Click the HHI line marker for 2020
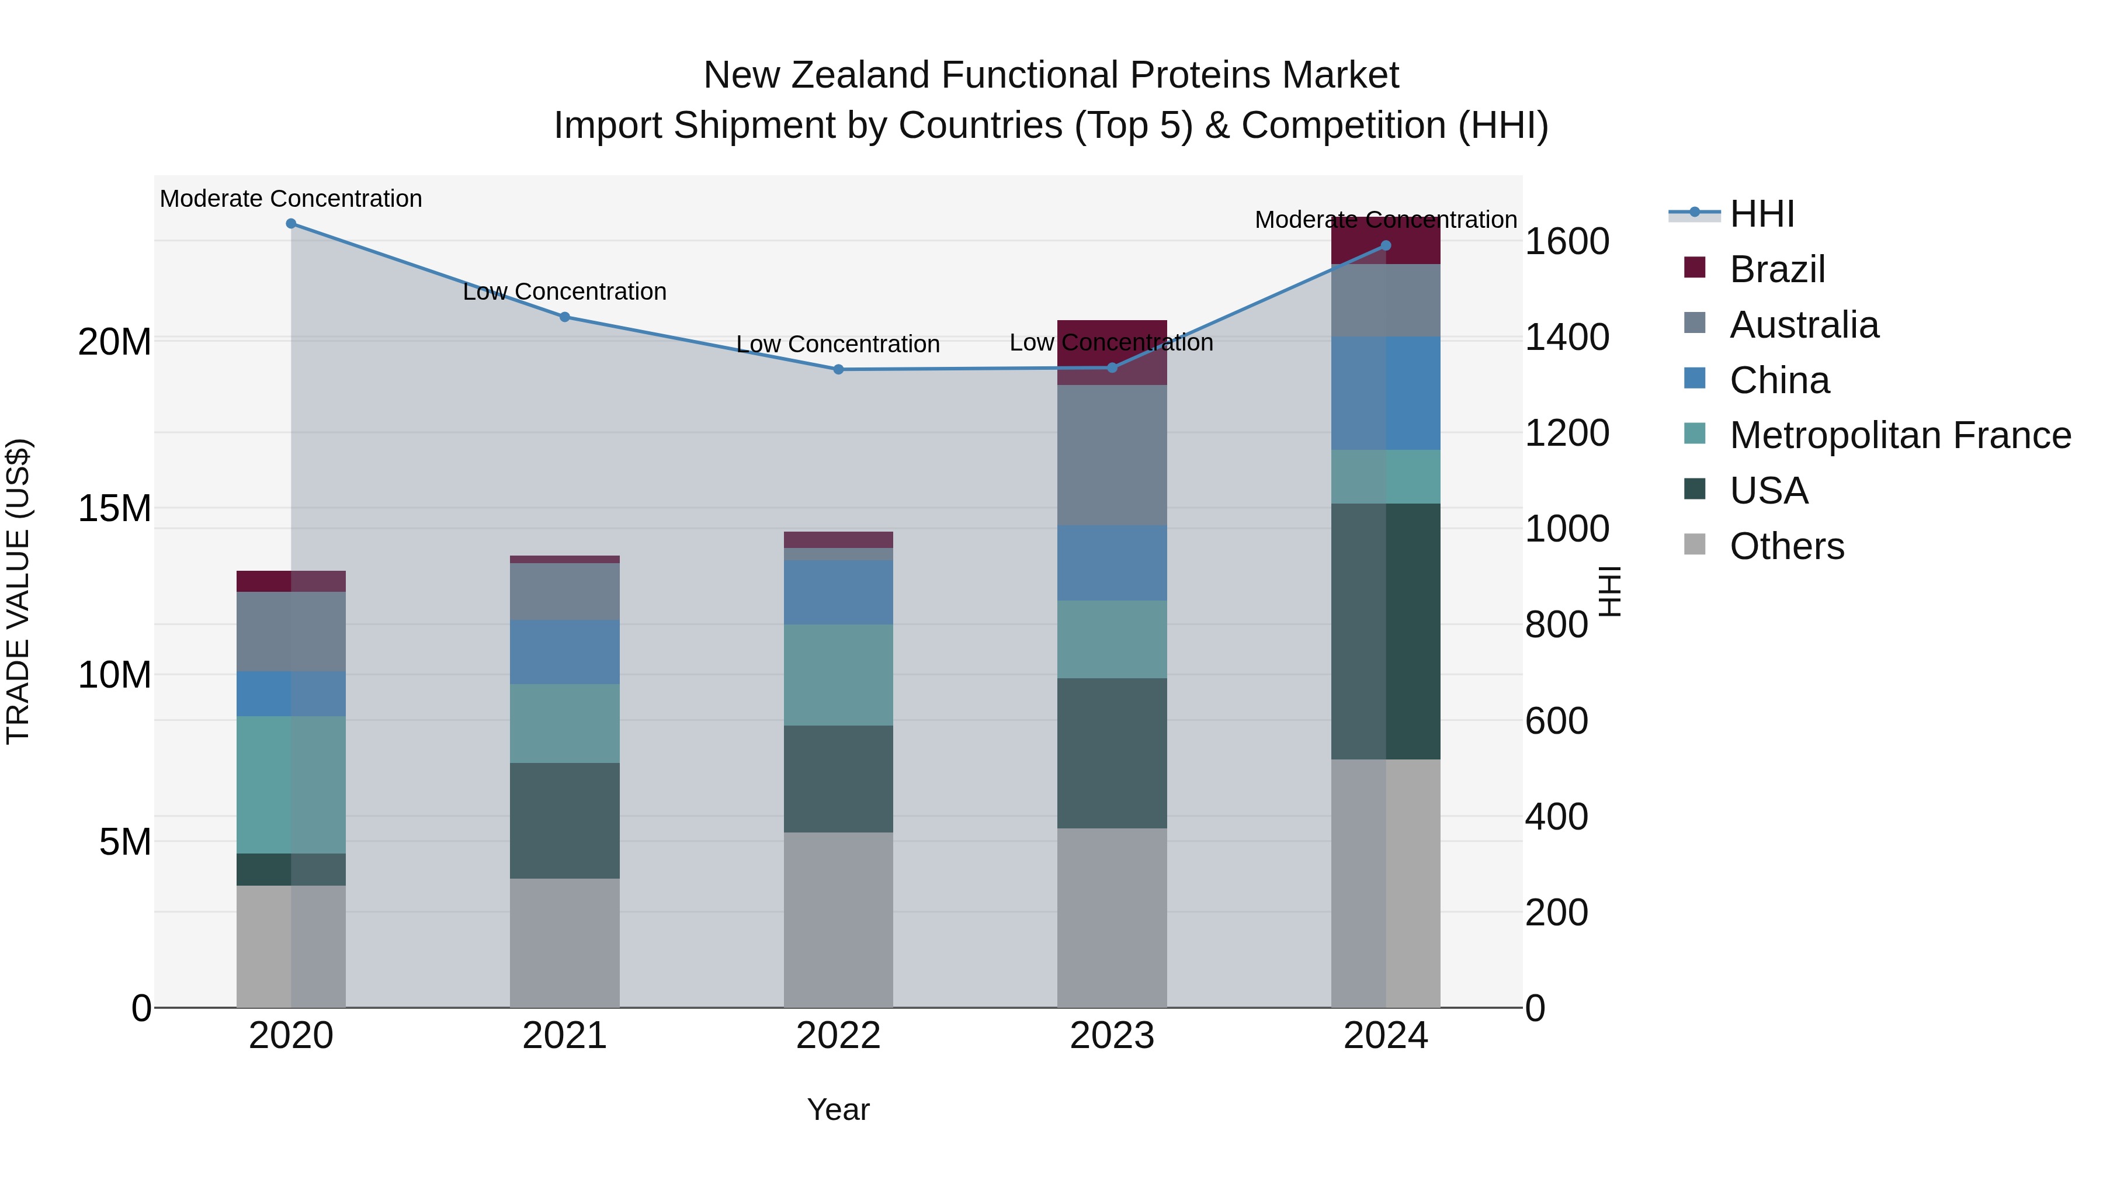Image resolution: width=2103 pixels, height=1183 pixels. tap(291, 224)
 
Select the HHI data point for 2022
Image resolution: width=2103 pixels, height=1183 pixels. tap(838, 369)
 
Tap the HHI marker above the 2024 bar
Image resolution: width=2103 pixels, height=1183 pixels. tap(1386, 245)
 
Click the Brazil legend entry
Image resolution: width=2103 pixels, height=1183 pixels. tap(1776, 269)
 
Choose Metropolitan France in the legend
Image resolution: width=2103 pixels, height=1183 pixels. tap(1900, 435)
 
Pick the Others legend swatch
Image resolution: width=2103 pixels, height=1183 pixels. tap(1695, 544)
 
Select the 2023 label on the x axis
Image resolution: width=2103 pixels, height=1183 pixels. tap(1111, 1036)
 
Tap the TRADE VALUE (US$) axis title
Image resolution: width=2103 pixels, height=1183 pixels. tap(18, 591)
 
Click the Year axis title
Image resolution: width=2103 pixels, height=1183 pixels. tap(838, 1109)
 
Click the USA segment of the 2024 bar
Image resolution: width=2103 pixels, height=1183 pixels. tap(1386, 631)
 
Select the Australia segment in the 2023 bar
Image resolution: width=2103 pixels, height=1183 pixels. tap(1111, 455)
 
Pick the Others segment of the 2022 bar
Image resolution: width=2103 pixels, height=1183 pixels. tap(838, 920)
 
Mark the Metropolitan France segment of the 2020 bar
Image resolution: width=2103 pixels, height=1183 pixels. tap(291, 785)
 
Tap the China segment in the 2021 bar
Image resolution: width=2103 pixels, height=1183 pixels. tap(564, 651)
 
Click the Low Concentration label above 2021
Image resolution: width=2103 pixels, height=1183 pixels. tap(564, 292)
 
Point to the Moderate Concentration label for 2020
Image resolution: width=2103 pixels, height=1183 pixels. tap(291, 199)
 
